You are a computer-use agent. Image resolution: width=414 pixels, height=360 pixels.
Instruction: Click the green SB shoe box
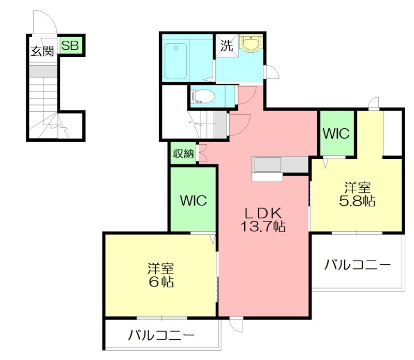pos(70,46)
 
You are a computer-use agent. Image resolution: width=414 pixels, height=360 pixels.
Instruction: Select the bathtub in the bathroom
pos(175,62)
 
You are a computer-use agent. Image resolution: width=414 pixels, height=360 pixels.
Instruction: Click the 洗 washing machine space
pos(227,45)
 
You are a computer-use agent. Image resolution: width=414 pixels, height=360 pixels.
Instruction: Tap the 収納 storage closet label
pos(183,154)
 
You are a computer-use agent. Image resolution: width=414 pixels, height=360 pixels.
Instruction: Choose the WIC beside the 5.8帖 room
pos(336,133)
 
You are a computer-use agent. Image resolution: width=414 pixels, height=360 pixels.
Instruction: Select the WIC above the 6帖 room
pos(193,200)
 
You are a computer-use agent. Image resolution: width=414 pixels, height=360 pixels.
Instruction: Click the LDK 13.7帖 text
pos(262,219)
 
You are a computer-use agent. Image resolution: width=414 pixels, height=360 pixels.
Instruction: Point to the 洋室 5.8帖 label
pos(357,194)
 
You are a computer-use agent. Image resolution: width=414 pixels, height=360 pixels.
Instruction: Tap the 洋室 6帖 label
pos(160,275)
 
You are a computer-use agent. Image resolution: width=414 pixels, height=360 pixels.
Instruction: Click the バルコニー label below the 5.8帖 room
pos(357,265)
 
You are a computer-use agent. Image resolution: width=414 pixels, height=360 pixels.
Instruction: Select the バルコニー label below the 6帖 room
pos(161,336)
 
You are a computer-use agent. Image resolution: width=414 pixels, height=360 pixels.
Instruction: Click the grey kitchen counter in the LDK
pos(280,164)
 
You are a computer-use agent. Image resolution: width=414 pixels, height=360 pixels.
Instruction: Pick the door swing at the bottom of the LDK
pos(236,324)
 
